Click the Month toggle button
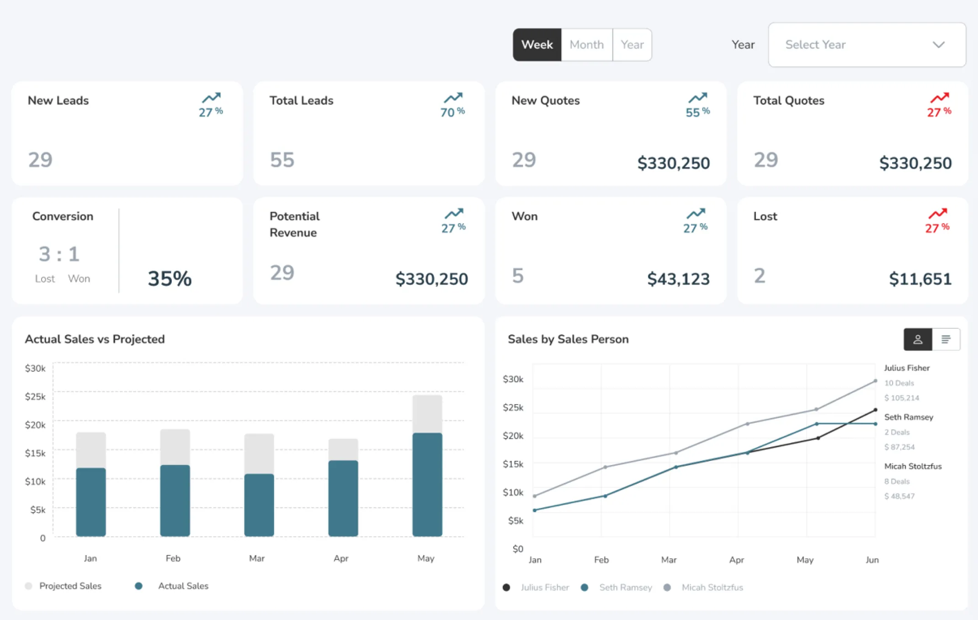tap(586, 45)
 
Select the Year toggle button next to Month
tap(632, 45)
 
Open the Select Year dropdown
tap(866, 45)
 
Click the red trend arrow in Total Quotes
tap(939, 97)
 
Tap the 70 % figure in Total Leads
tap(452, 112)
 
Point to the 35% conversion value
tap(170, 278)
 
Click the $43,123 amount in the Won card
tap(678, 279)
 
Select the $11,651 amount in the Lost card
tap(920, 279)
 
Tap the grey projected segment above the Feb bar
tap(175, 447)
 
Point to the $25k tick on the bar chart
tap(35, 396)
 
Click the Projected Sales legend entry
tap(70, 586)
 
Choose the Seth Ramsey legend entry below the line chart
tap(625, 588)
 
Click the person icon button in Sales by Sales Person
tap(917, 339)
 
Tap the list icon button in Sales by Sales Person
tap(946, 339)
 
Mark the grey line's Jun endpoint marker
tap(875, 381)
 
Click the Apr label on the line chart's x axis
tap(736, 560)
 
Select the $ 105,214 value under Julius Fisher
tap(901, 398)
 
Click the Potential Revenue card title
tap(294, 224)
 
